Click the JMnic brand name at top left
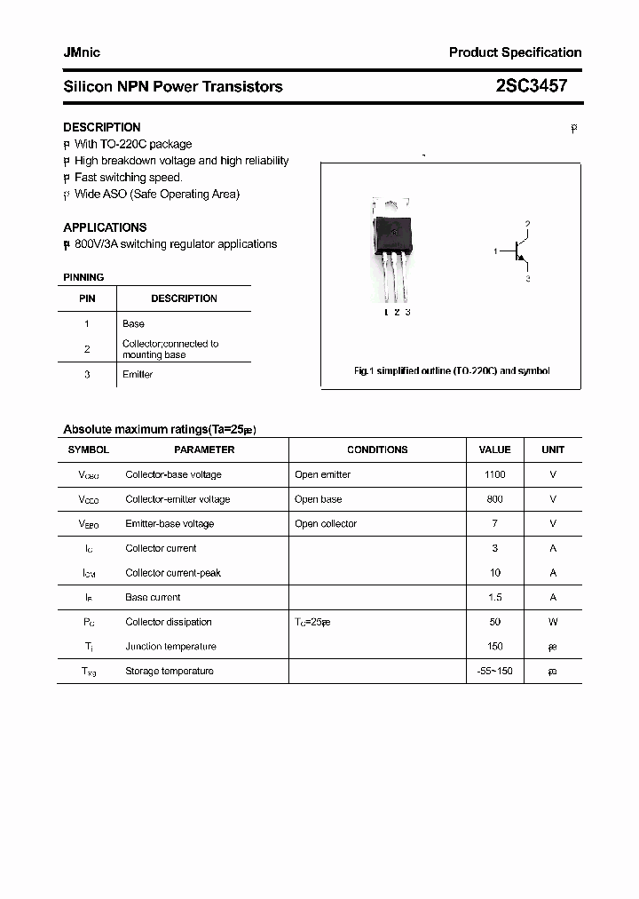pyautogui.click(x=82, y=52)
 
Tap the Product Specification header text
pyautogui.click(x=515, y=52)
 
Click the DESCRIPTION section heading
pyautogui.click(x=102, y=127)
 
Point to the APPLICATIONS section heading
pyautogui.click(x=105, y=227)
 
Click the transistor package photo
pyautogui.click(x=392, y=249)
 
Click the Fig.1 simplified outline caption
pyautogui.click(x=452, y=370)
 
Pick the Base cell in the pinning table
pyautogui.click(x=133, y=323)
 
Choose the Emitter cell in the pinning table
pyautogui.click(x=138, y=374)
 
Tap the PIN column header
pyautogui.click(x=87, y=298)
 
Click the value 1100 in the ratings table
pyautogui.click(x=494, y=474)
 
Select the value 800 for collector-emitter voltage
pyautogui.click(x=494, y=499)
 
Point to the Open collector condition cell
pyautogui.click(x=326, y=524)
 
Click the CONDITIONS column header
pyautogui.click(x=377, y=449)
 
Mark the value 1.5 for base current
pyautogui.click(x=494, y=598)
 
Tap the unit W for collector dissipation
pyautogui.click(x=553, y=622)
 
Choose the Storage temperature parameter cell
pyautogui.click(x=170, y=671)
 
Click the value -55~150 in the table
pyautogui.click(x=494, y=671)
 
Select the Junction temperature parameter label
pyautogui.click(x=170, y=647)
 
